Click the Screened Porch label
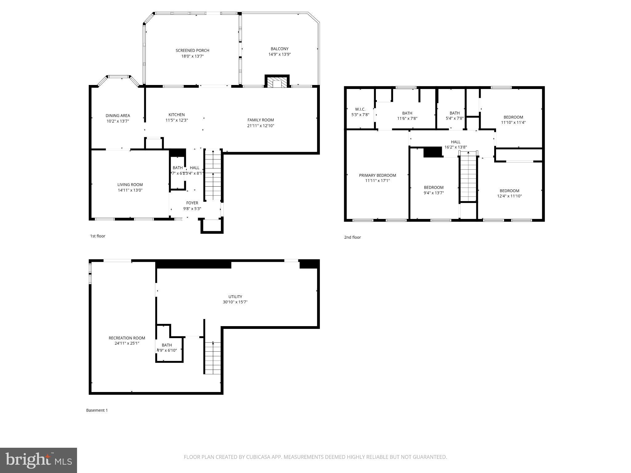[192, 51]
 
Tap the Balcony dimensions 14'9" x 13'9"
[279, 55]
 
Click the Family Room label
[261, 120]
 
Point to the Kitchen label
[177, 115]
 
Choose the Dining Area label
[118, 116]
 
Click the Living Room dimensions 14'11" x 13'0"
[130, 190]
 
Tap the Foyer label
[192, 203]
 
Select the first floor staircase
[213, 174]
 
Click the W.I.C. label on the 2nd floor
[360, 109]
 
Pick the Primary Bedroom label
[377, 175]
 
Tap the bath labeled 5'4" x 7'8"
[454, 116]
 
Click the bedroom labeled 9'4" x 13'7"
[434, 190]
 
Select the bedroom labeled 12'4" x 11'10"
[509, 193]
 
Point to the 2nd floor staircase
[468, 179]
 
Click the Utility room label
[235, 297]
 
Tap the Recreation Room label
[127, 338]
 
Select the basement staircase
[213, 358]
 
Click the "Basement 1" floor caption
[97, 410]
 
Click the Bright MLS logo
[39, 460]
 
